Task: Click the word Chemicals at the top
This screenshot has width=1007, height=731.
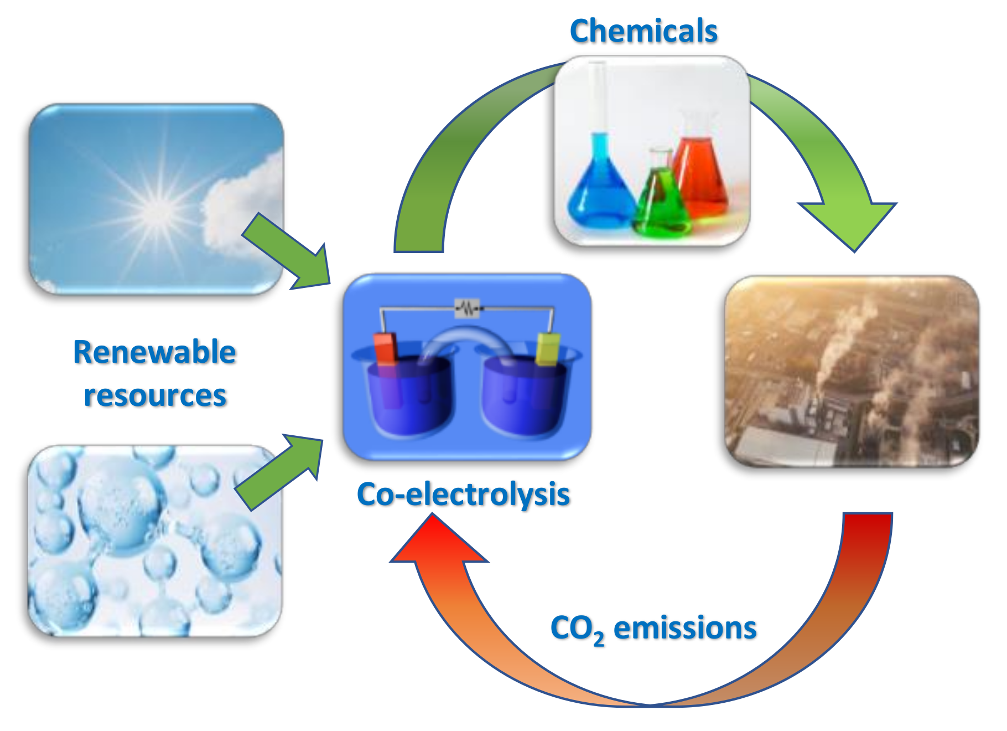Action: pyautogui.click(x=643, y=31)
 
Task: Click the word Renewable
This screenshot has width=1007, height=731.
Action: pyautogui.click(x=154, y=352)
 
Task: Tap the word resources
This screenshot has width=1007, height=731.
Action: pyautogui.click(x=155, y=395)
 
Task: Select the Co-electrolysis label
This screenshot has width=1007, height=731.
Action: pyautogui.click(x=463, y=493)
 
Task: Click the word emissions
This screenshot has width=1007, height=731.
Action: pyautogui.click(x=685, y=628)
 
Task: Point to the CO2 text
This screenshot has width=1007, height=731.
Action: pyautogui.click(x=577, y=630)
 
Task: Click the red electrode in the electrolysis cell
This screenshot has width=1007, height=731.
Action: pyautogui.click(x=386, y=349)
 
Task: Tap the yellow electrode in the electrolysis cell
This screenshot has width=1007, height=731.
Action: pyautogui.click(x=548, y=349)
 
